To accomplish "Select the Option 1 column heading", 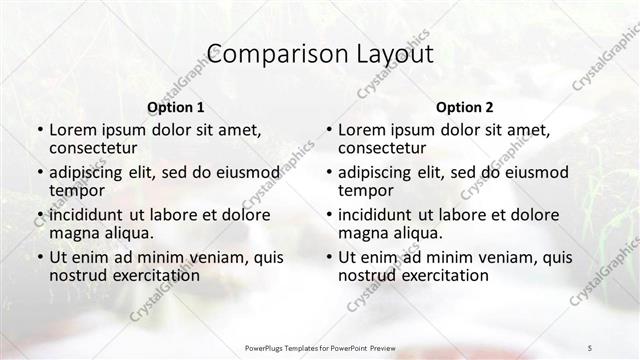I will [x=176, y=106].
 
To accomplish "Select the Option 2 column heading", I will [x=464, y=106].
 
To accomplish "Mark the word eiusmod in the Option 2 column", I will [x=536, y=171].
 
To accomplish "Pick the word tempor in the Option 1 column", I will [x=74, y=190].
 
